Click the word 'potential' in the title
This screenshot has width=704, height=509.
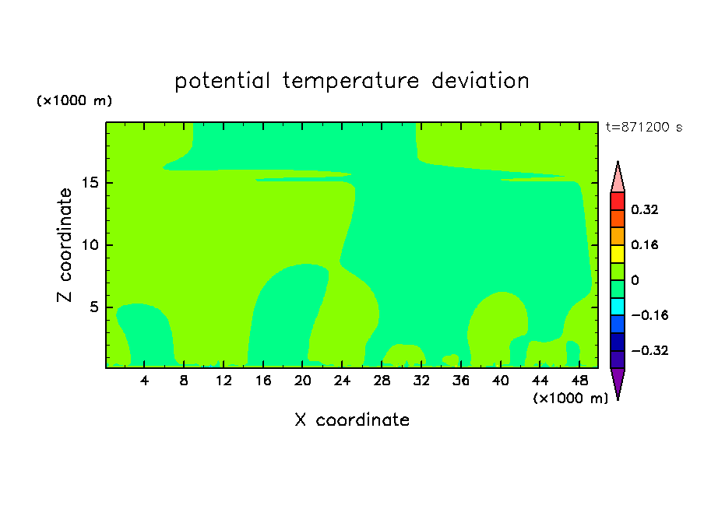click(222, 82)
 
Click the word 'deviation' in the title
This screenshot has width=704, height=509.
click(480, 81)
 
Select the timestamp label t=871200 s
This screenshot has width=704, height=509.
click(644, 127)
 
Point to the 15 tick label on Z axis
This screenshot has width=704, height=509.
click(90, 183)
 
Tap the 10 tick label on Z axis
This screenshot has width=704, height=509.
click(90, 244)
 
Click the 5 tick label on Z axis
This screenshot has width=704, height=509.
click(94, 307)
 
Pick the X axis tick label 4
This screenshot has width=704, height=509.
click(144, 381)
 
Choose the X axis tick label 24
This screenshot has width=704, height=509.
click(342, 381)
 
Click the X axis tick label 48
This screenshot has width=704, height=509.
click(579, 381)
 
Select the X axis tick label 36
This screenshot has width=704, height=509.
click(461, 381)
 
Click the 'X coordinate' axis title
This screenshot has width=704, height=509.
click(352, 419)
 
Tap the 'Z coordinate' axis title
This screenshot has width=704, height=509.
click(65, 245)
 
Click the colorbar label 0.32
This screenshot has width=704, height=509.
click(644, 209)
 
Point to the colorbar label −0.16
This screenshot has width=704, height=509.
click(649, 315)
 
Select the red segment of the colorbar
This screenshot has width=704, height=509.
click(618, 201)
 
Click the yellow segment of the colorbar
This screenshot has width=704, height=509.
click(618, 254)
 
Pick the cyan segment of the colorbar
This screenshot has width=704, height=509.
click(618, 307)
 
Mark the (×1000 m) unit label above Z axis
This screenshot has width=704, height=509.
click(74, 100)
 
